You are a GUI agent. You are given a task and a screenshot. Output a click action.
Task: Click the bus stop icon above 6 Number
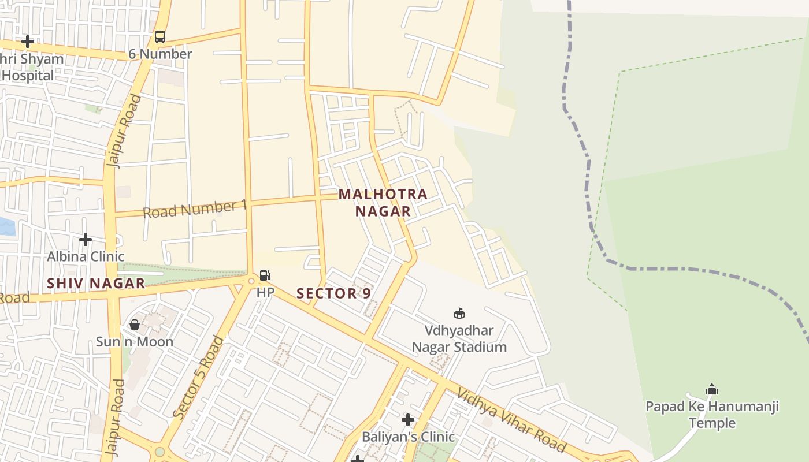coord(160,38)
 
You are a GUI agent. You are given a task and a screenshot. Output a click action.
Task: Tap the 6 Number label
coord(160,54)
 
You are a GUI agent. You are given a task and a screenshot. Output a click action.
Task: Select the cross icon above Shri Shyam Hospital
coord(27,42)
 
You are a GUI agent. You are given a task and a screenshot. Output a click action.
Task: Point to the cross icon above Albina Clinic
coord(86,239)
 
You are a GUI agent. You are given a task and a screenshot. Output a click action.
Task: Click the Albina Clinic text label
coord(86,256)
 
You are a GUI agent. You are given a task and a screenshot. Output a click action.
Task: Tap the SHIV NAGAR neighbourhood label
coord(96,284)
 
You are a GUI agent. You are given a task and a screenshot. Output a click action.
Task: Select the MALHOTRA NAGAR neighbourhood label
coord(383,203)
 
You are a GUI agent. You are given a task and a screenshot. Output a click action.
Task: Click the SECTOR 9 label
coord(333,293)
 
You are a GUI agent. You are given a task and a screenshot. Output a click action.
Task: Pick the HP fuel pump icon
coord(265,275)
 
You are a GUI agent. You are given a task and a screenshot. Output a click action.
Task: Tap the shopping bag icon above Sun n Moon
coord(135,325)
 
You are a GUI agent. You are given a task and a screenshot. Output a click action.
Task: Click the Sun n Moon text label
coord(135,342)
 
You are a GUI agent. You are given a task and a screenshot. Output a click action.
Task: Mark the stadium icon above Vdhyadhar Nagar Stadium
coord(459,314)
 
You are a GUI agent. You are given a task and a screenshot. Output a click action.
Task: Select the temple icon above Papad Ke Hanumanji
coord(712,389)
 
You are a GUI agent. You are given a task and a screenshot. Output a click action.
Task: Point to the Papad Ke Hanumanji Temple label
coord(712,415)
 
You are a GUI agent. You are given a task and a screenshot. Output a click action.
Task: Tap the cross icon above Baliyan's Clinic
coord(408,420)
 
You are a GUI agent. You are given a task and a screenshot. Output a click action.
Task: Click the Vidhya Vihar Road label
coord(511,420)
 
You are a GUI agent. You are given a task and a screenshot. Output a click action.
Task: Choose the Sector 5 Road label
coord(198,377)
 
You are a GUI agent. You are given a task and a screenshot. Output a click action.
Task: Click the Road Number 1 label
coord(195,209)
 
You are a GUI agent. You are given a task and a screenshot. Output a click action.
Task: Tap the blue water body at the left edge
coord(6,226)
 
